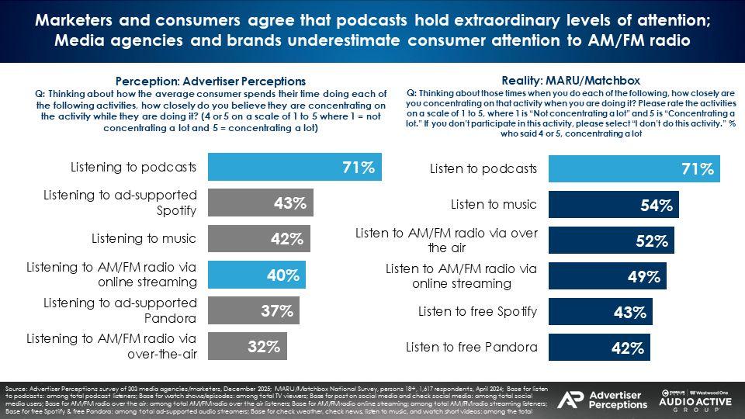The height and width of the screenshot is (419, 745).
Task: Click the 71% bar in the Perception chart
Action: pyautogui.click(x=295, y=167)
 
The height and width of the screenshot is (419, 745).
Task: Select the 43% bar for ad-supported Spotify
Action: pyautogui.click(x=261, y=204)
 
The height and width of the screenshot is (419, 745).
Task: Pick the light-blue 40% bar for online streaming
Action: pyautogui.click(x=257, y=275)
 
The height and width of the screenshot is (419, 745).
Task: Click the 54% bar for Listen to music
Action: pyautogui.click(x=614, y=206)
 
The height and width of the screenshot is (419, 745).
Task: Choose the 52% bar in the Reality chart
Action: pyautogui.click(x=612, y=241)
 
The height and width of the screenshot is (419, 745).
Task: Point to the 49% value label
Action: pyautogui.click(x=643, y=276)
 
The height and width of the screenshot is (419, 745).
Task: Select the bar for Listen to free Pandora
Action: pyautogui.click(x=599, y=348)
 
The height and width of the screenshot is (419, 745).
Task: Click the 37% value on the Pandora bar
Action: pyautogui.click(x=276, y=311)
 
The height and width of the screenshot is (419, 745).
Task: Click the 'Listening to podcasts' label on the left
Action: pyautogui.click(x=133, y=167)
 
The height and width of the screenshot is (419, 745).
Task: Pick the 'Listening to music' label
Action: pyautogui.click(x=144, y=238)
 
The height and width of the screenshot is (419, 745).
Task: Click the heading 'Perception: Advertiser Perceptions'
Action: pyautogui.click(x=210, y=81)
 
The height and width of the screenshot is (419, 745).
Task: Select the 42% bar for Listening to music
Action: pyautogui.click(x=259, y=239)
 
